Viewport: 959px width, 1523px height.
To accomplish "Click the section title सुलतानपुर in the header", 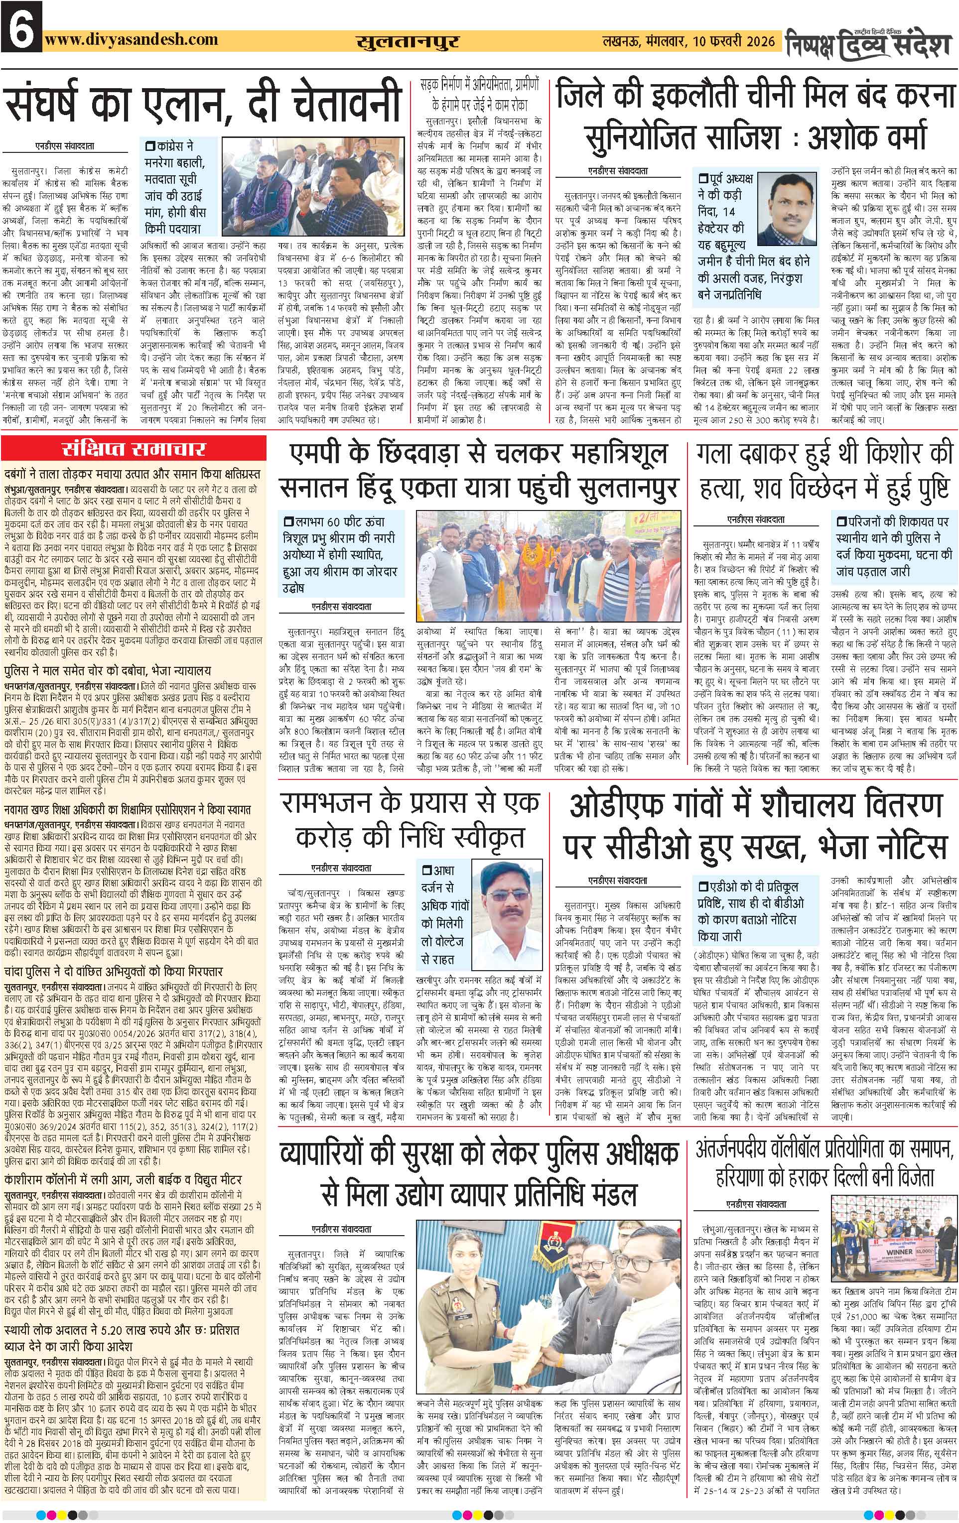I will pyautogui.click(x=408, y=42).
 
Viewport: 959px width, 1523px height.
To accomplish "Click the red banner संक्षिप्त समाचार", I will pyautogui.click(x=134, y=450).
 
